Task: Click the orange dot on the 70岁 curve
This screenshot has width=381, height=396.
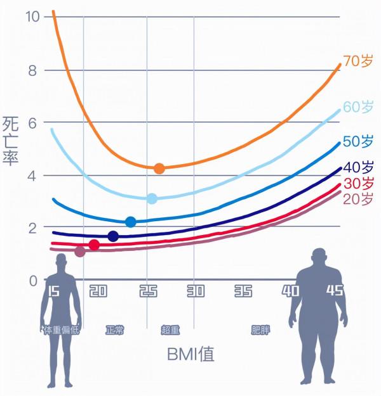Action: click(159, 169)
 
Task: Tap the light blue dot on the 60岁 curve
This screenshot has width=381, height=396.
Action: click(152, 199)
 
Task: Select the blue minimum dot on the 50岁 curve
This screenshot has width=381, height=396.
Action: click(131, 222)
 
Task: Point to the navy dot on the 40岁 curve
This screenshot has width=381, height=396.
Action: click(113, 236)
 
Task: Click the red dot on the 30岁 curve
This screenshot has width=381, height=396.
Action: click(94, 245)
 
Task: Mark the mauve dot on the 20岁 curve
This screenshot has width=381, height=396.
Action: click(79, 252)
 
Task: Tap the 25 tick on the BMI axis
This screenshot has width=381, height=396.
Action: click(147, 291)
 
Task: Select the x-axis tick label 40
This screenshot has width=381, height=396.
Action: click(290, 291)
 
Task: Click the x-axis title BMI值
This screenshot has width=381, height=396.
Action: click(190, 354)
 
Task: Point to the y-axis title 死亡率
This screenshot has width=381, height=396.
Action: click(11, 141)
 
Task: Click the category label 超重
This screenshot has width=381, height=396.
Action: click(170, 330)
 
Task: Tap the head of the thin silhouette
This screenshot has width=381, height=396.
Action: click(62, 262)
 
